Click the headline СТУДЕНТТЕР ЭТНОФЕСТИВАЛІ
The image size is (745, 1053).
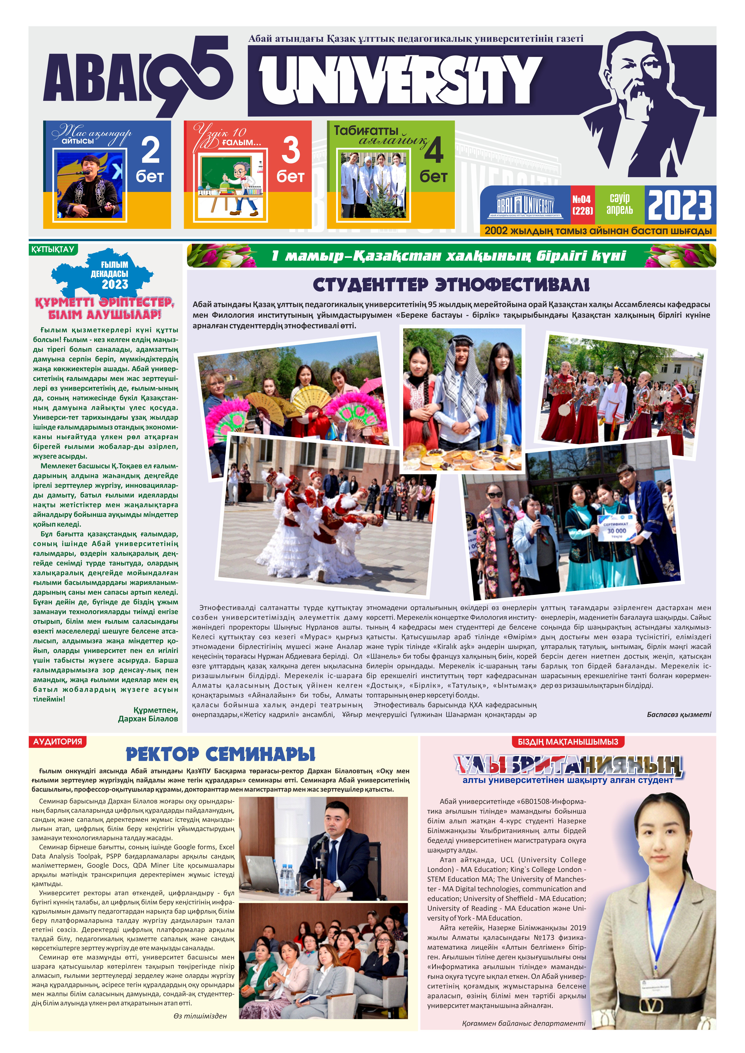(x=451, y=285)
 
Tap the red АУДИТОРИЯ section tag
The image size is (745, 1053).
(x=58, y=742)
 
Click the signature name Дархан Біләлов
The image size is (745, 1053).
(x=148, y=719)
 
